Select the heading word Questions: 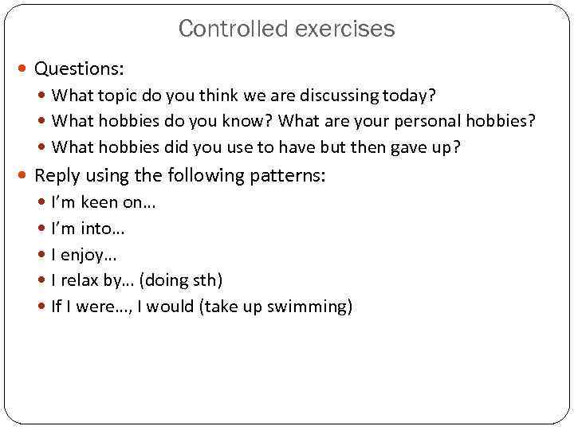pyautogui.click(x=80, y=69)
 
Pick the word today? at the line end pyautogui.click(x=407, y=96)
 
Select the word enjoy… pyautogui.click(x=88, y=255)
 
